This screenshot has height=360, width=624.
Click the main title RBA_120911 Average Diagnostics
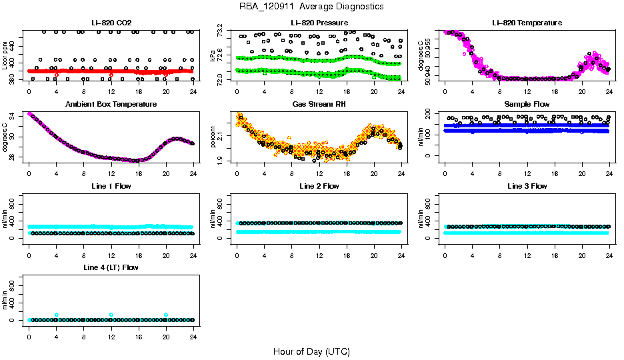(311, 6)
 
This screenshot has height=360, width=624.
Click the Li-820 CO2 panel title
(111, 23)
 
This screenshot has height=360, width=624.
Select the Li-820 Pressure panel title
(319, 23)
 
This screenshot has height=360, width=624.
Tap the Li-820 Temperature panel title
(527, 23)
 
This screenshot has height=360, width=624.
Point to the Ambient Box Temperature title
(111, 105)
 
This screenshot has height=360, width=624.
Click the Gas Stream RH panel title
(319, 105)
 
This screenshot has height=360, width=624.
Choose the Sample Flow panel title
(527, 105)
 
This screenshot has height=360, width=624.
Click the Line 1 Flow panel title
(111, 186)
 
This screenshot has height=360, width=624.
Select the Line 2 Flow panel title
(319, 186)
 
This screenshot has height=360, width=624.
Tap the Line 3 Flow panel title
(527, 186)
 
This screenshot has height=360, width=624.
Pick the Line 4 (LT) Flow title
(111, 267)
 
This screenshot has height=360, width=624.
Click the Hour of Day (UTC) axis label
(311, 351)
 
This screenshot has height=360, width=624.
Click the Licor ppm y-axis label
(5, 56)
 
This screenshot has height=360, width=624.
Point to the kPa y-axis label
(213, 56)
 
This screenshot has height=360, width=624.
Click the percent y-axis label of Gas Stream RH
(213, 137)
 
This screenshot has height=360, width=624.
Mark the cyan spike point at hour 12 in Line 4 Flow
(111, 315)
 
